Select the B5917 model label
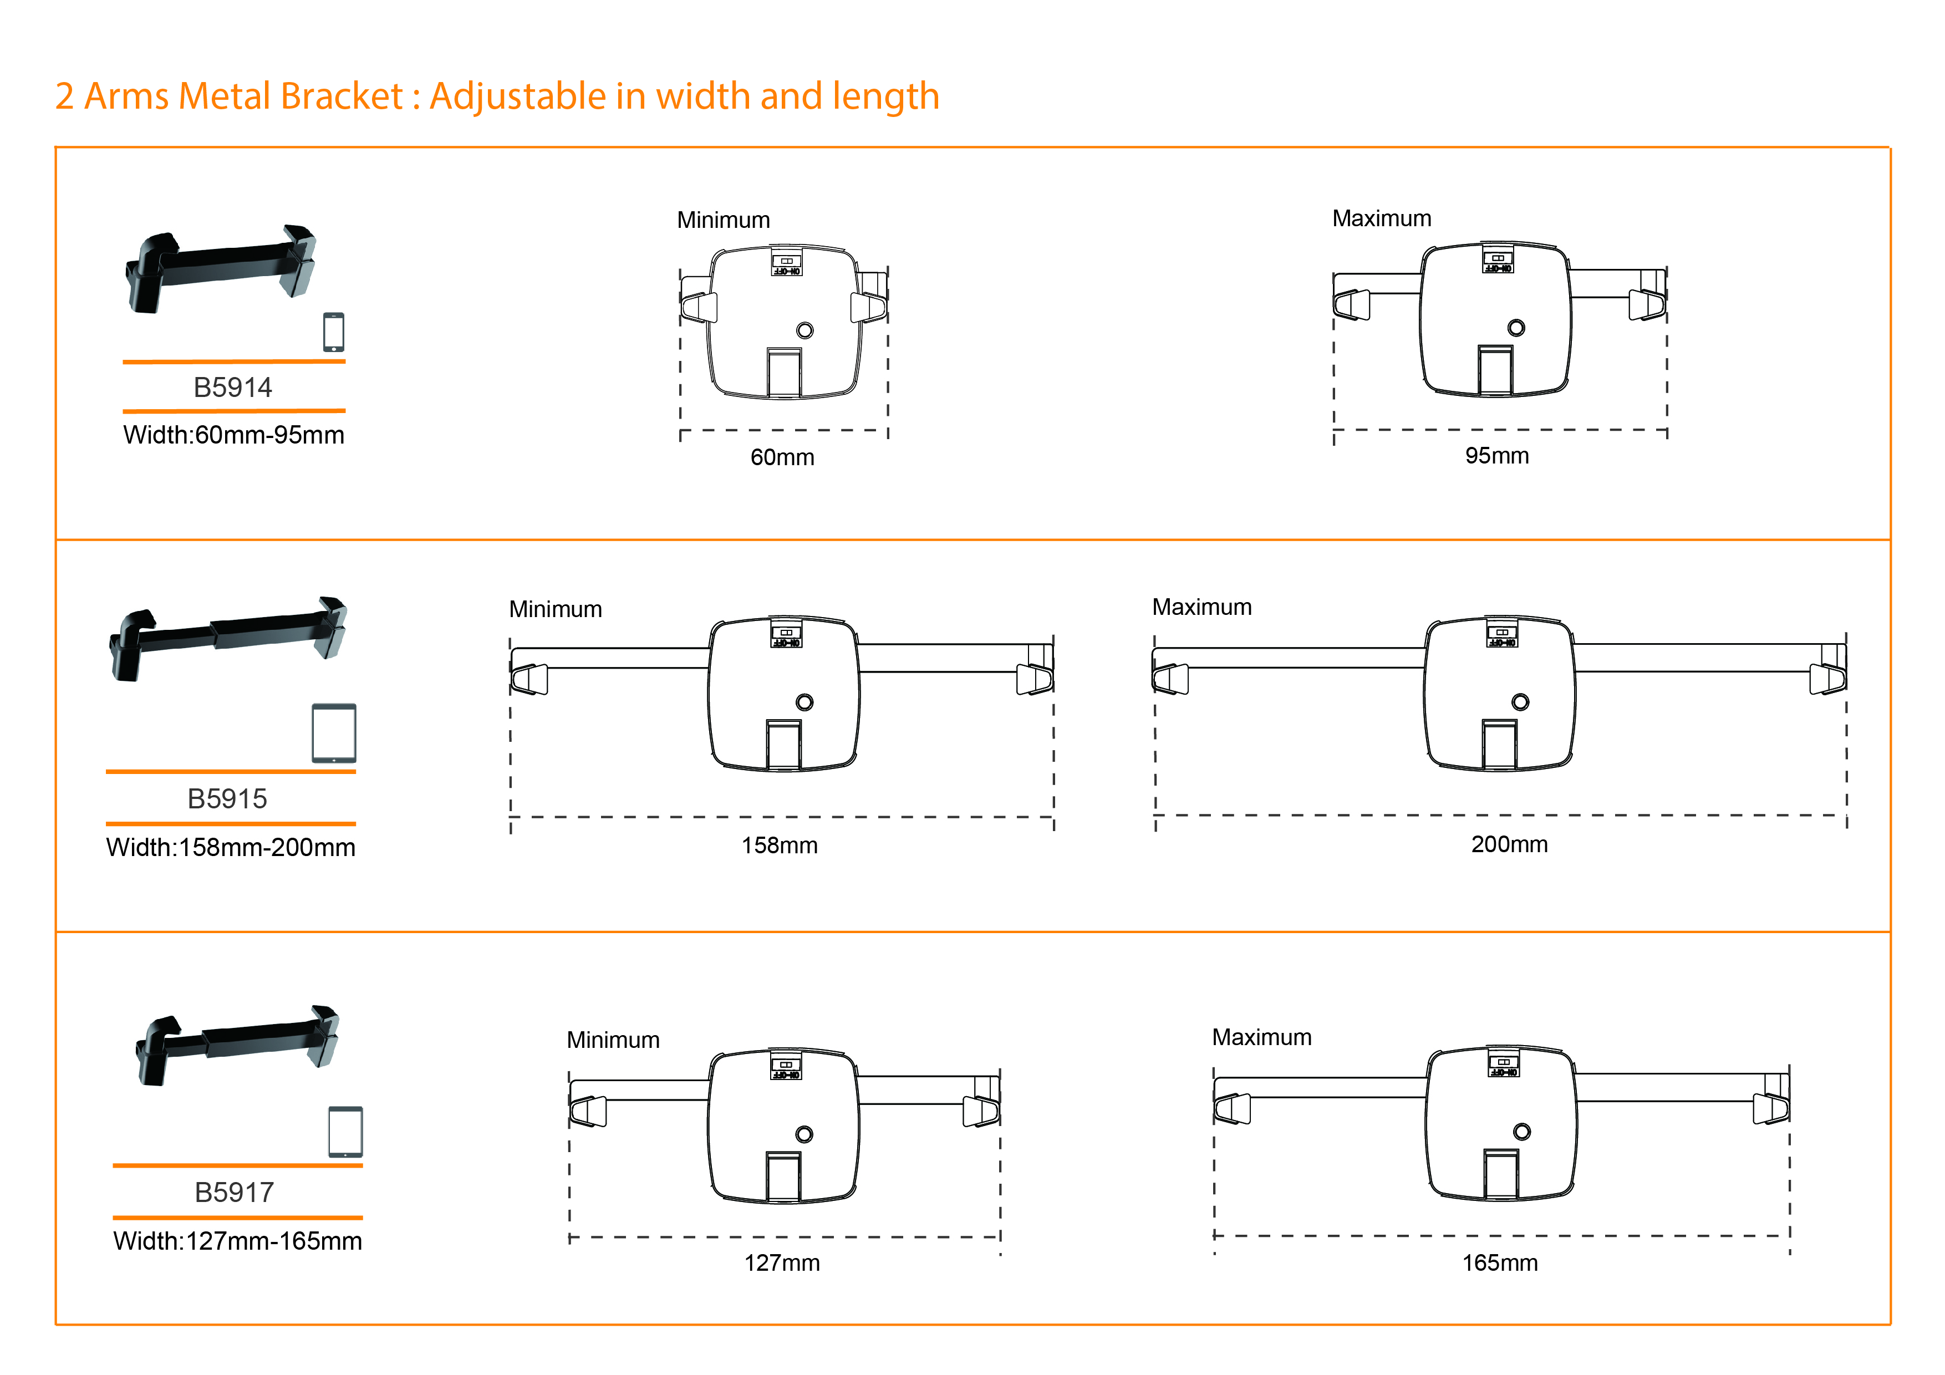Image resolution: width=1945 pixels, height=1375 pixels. click(234, 1192)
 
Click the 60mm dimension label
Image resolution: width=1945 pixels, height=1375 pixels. click(782, 457)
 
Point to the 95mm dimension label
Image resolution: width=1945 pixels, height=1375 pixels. click(1497, 456)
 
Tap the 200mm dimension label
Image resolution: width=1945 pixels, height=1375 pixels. click(1509, 844)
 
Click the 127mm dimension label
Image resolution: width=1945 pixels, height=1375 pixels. click(782, 1262)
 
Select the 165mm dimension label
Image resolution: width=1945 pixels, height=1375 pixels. click(1499, 1262)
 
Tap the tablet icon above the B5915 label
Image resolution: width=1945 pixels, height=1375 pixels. click(334, 733)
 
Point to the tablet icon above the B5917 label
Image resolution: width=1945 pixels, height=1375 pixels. click(345, 1131)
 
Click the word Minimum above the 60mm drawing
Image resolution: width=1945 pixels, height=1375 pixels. click(722, 220)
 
